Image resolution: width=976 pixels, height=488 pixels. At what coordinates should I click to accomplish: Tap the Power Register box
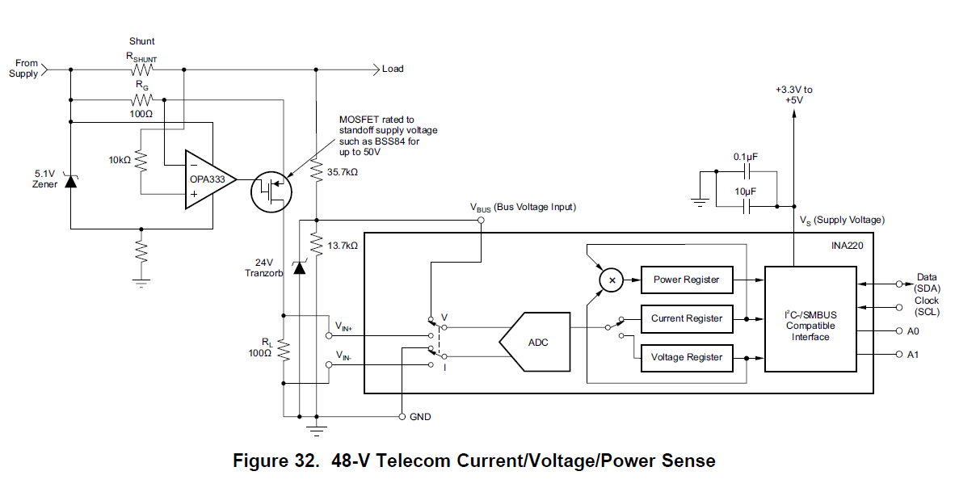(686, 280)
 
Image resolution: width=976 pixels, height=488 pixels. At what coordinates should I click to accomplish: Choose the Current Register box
(686, 318)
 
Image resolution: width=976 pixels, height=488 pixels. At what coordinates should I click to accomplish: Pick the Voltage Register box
(686, 357)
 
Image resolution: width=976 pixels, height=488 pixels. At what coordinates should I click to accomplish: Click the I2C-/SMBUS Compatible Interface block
(810, 320)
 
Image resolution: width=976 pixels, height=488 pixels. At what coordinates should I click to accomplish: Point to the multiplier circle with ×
(612, 280)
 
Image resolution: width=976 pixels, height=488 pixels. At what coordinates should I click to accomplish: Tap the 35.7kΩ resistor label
(342, 172)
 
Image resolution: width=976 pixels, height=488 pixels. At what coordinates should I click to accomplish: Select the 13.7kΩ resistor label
(342, 245)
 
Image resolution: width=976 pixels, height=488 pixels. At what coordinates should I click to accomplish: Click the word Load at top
(393, 69)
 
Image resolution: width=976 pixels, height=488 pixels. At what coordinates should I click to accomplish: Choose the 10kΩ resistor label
(119, 160)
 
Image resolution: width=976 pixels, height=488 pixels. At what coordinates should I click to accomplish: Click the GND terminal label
(420, 417)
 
